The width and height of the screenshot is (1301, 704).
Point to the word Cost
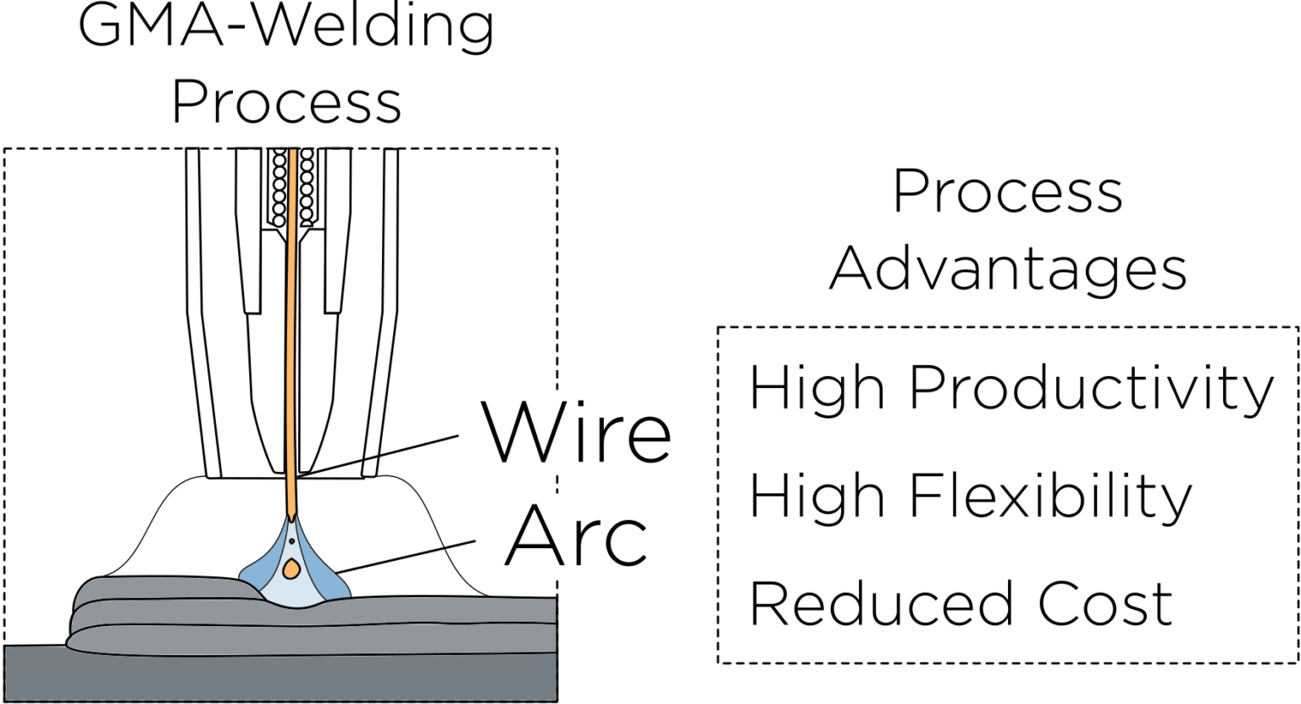click(x=1104, y=604)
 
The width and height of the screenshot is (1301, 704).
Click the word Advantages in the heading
click(x=1008, y=269)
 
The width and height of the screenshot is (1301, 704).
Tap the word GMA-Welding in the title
click(x=286, y=25)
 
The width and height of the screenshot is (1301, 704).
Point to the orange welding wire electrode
click(x=293, y=339)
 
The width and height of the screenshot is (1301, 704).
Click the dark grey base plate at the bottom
click(x=280, y=678)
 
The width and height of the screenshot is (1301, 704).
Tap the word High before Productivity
click(x=817, y=388)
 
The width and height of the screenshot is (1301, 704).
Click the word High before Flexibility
click(x=817, y=496)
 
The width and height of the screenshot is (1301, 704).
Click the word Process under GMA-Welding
click(x=286, y=103)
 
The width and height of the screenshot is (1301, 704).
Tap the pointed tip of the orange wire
click(x=292, y=516)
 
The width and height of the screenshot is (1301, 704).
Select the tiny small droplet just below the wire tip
click(x=292, y=540)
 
